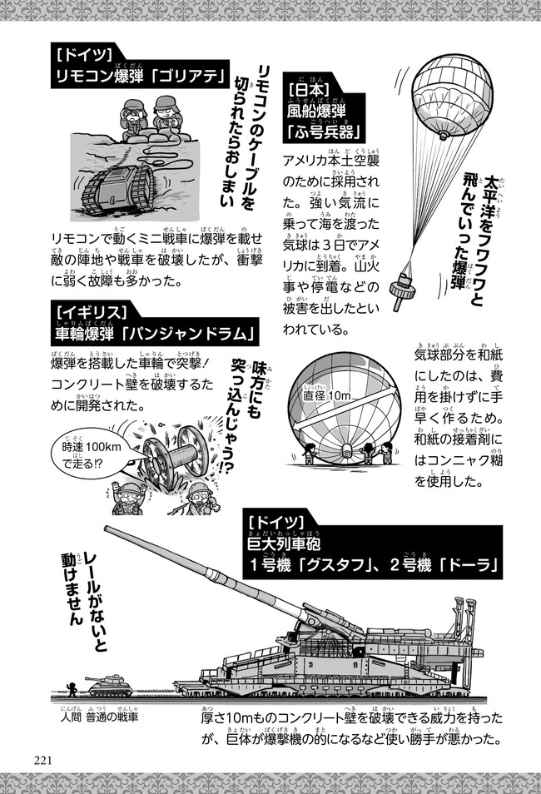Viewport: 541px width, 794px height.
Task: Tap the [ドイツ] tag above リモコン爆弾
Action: click(x=82, y=56)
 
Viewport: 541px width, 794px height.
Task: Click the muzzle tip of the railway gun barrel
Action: click(x=107, y=529)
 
